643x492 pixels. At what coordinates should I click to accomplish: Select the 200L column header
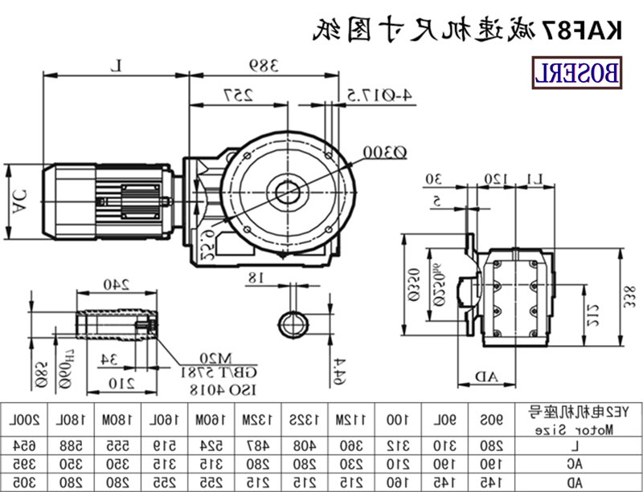pyautogui.click(x=18, y=420)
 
